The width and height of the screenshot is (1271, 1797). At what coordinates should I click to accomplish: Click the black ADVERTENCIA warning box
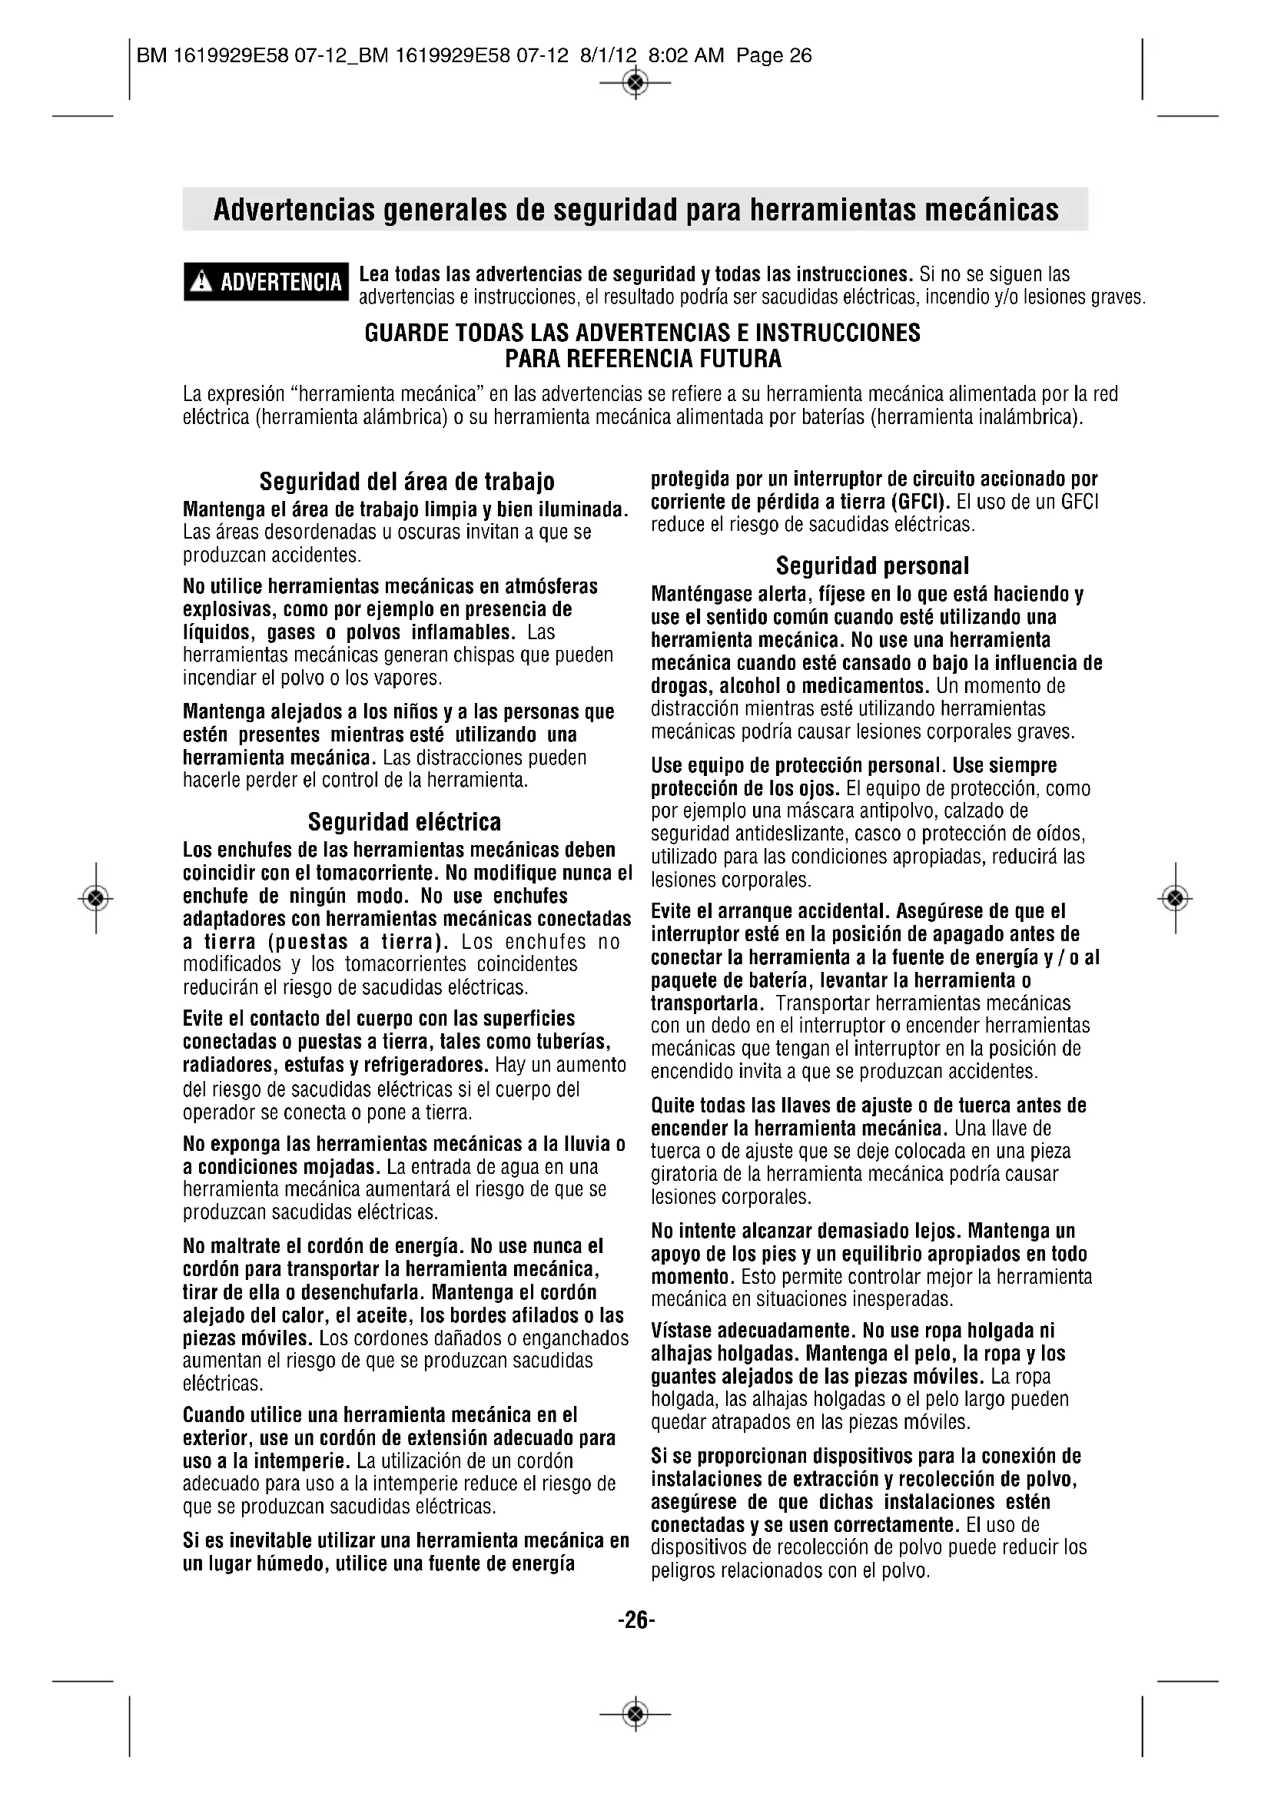point(266,281)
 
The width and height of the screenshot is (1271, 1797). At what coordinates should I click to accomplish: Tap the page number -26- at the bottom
point(635,1620)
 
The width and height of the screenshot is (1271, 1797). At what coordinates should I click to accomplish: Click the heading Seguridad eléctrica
point(404,821)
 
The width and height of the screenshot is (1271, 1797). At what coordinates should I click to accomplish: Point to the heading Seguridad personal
point(872,565)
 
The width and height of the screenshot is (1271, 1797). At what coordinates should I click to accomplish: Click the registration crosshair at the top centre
point(635,81)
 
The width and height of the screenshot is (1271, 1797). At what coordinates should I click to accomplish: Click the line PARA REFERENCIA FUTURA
point(642,360)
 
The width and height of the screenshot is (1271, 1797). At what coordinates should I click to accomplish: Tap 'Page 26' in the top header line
point(773,55)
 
